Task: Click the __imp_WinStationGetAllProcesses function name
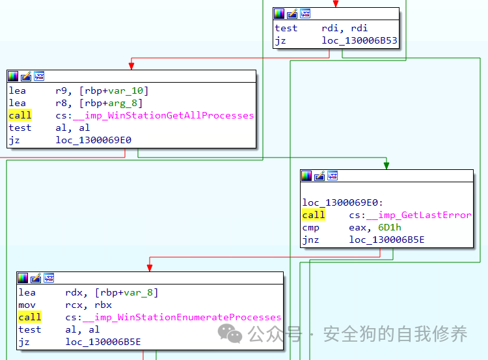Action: (169, 115)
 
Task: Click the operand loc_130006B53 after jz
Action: (359, 40)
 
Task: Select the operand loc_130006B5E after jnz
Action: (386, 240)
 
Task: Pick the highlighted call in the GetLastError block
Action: (313, 215)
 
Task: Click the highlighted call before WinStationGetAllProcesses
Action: (20, 115)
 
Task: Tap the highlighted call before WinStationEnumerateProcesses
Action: (29, 317)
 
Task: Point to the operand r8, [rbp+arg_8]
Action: (99, 103)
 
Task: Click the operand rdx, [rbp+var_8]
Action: (111, 292)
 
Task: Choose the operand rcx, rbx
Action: (88, 305)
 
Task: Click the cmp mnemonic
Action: (310, 227)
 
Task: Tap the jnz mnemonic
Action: (310, 240)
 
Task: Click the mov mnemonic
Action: (27, 305)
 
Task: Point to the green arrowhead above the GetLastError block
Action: (386, 165)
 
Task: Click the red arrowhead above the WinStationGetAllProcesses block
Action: (131, 66)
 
